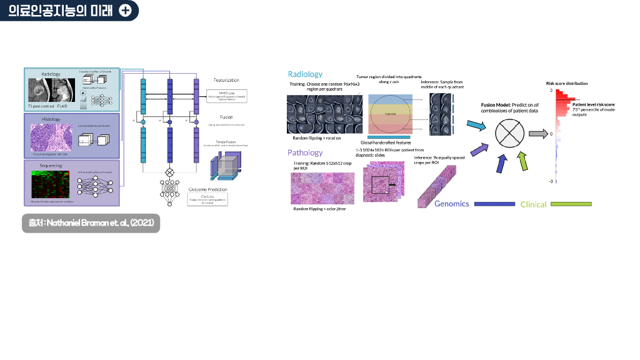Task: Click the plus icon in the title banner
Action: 125,11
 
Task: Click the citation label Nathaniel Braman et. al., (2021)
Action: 91,223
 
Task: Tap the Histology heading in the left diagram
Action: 51,119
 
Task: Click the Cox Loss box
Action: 207,199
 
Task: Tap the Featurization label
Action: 226,80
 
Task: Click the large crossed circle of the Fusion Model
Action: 509,133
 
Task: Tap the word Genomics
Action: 451,204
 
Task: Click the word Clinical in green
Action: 533,204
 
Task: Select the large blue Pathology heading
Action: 305,152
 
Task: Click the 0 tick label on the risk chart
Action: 551,134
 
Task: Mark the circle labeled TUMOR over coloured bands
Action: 389,114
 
